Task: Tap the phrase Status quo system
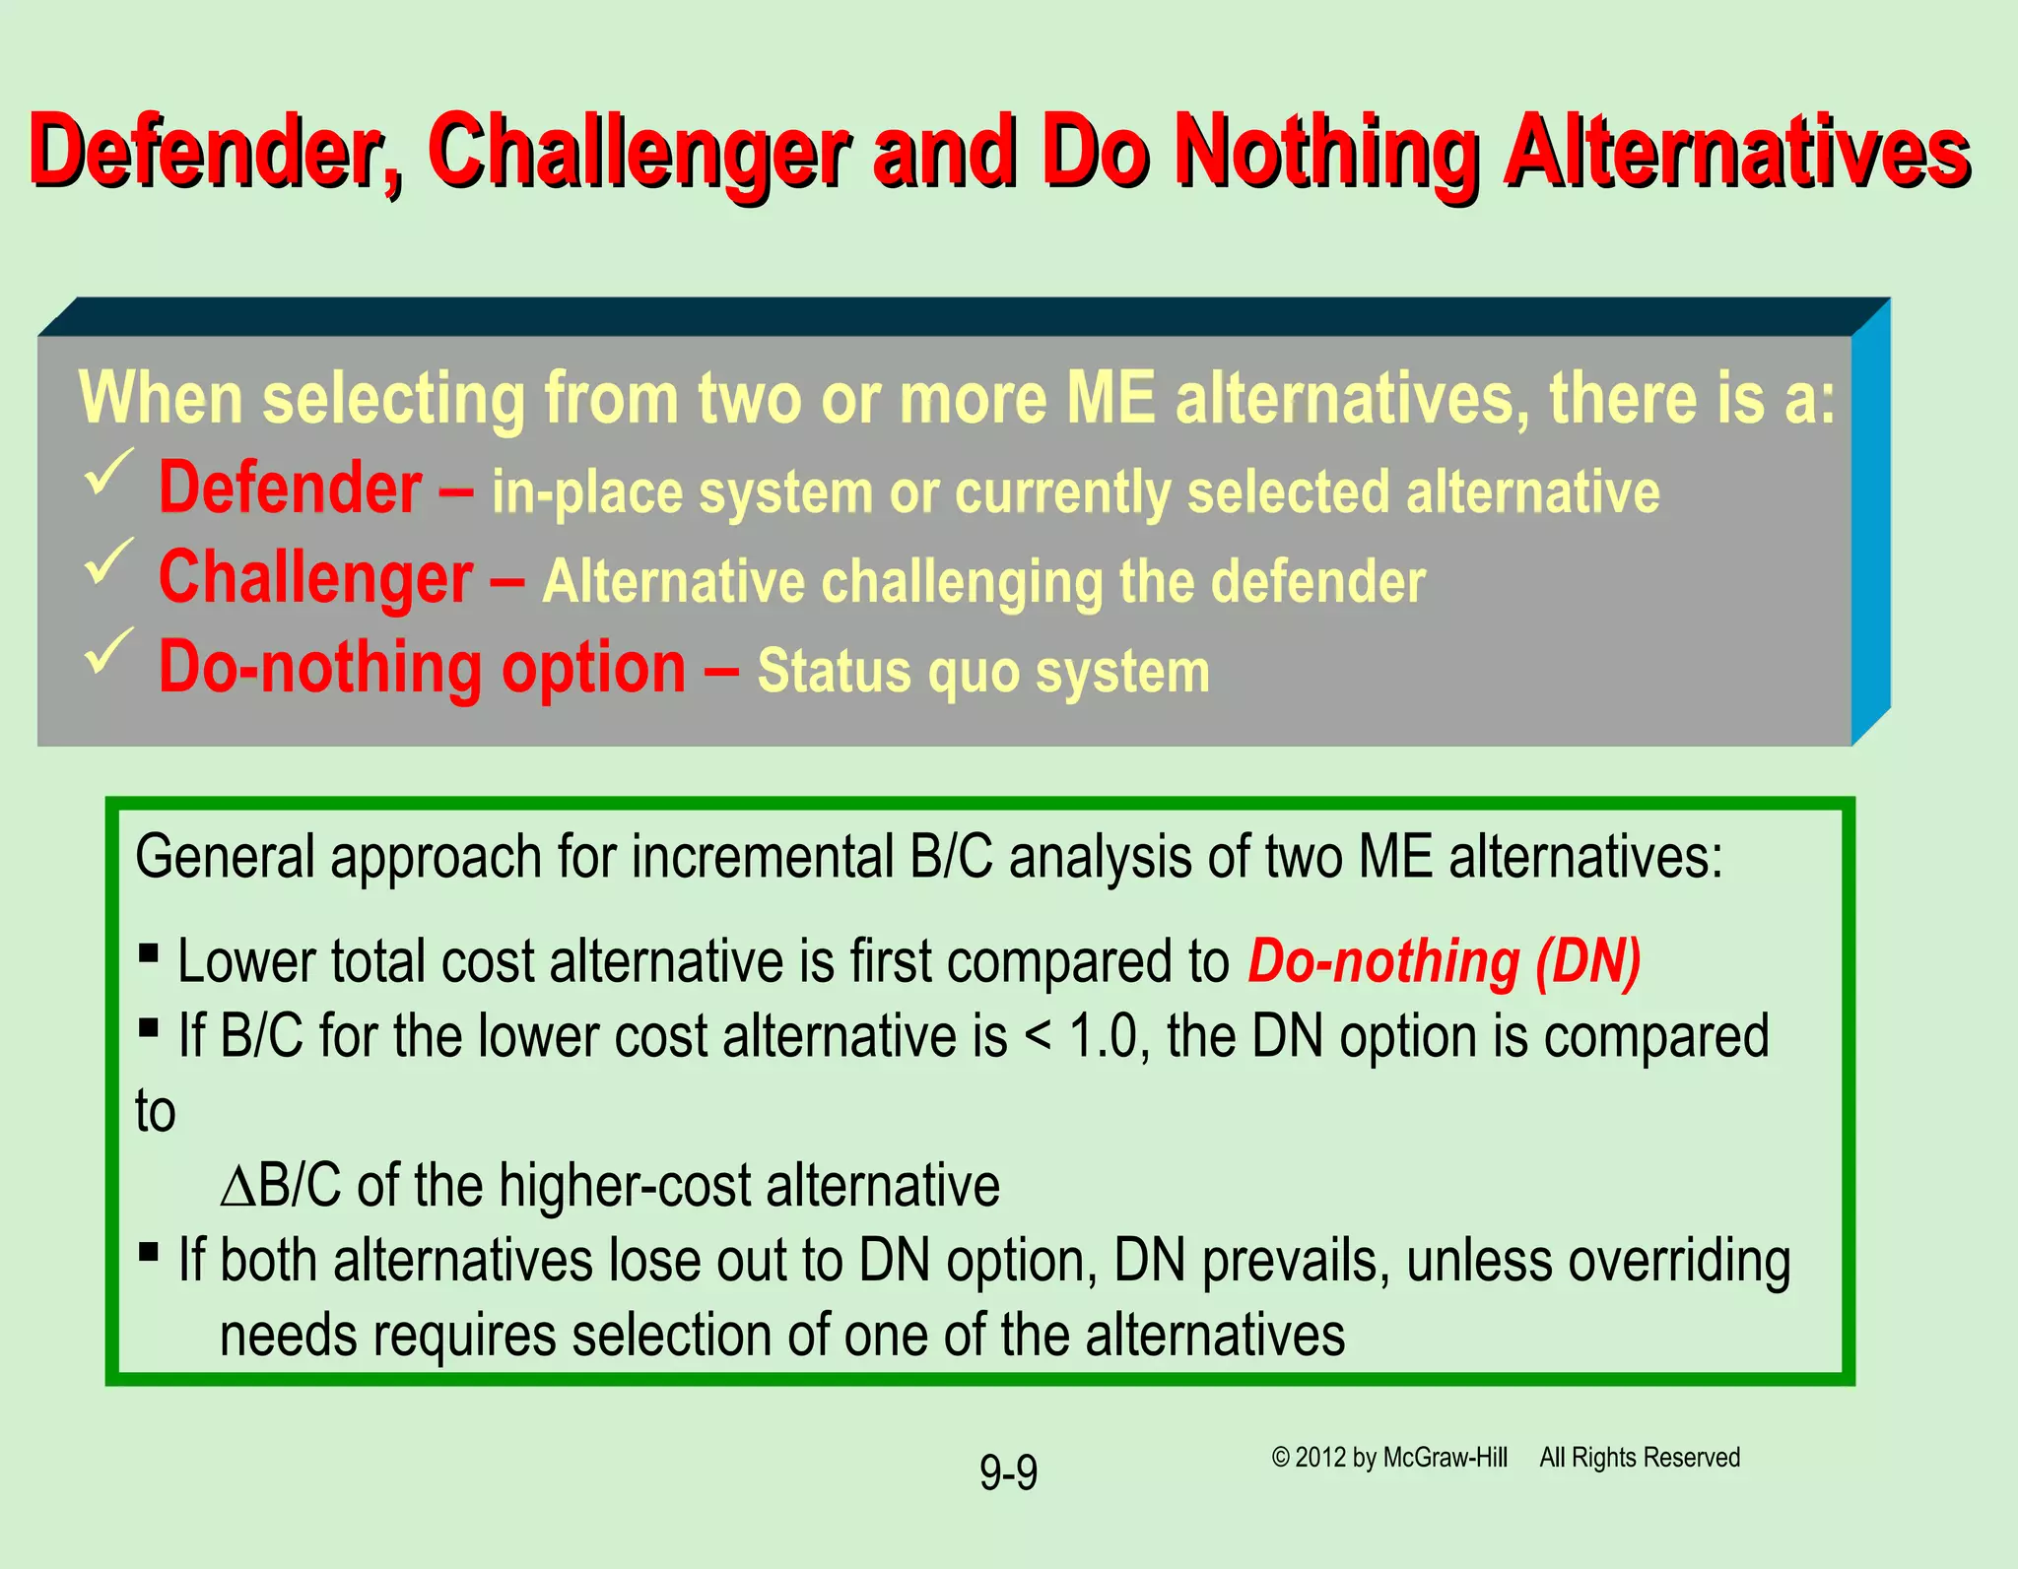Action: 982,672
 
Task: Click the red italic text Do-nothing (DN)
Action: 1444,962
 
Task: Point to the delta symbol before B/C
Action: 237,1187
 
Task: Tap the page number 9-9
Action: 1008,1473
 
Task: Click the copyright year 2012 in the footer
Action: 1320,1458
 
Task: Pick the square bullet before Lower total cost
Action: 149,952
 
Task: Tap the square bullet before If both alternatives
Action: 149,1252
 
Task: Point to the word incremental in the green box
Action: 762,857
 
